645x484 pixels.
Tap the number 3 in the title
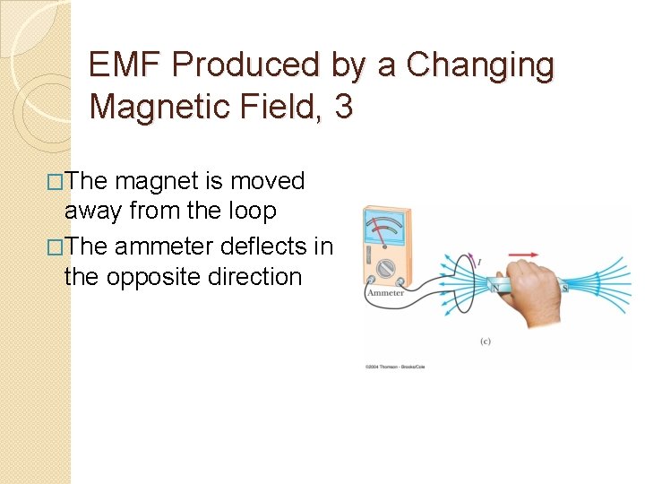coord(343,108)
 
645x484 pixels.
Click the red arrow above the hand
coord(525,255)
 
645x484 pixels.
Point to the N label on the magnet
coord(495,287)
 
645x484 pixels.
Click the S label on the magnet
coord(563,287)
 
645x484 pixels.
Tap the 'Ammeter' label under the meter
coord(385,293)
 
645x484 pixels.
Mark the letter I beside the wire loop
coord(479,262)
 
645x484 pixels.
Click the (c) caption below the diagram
coord(485,341)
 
